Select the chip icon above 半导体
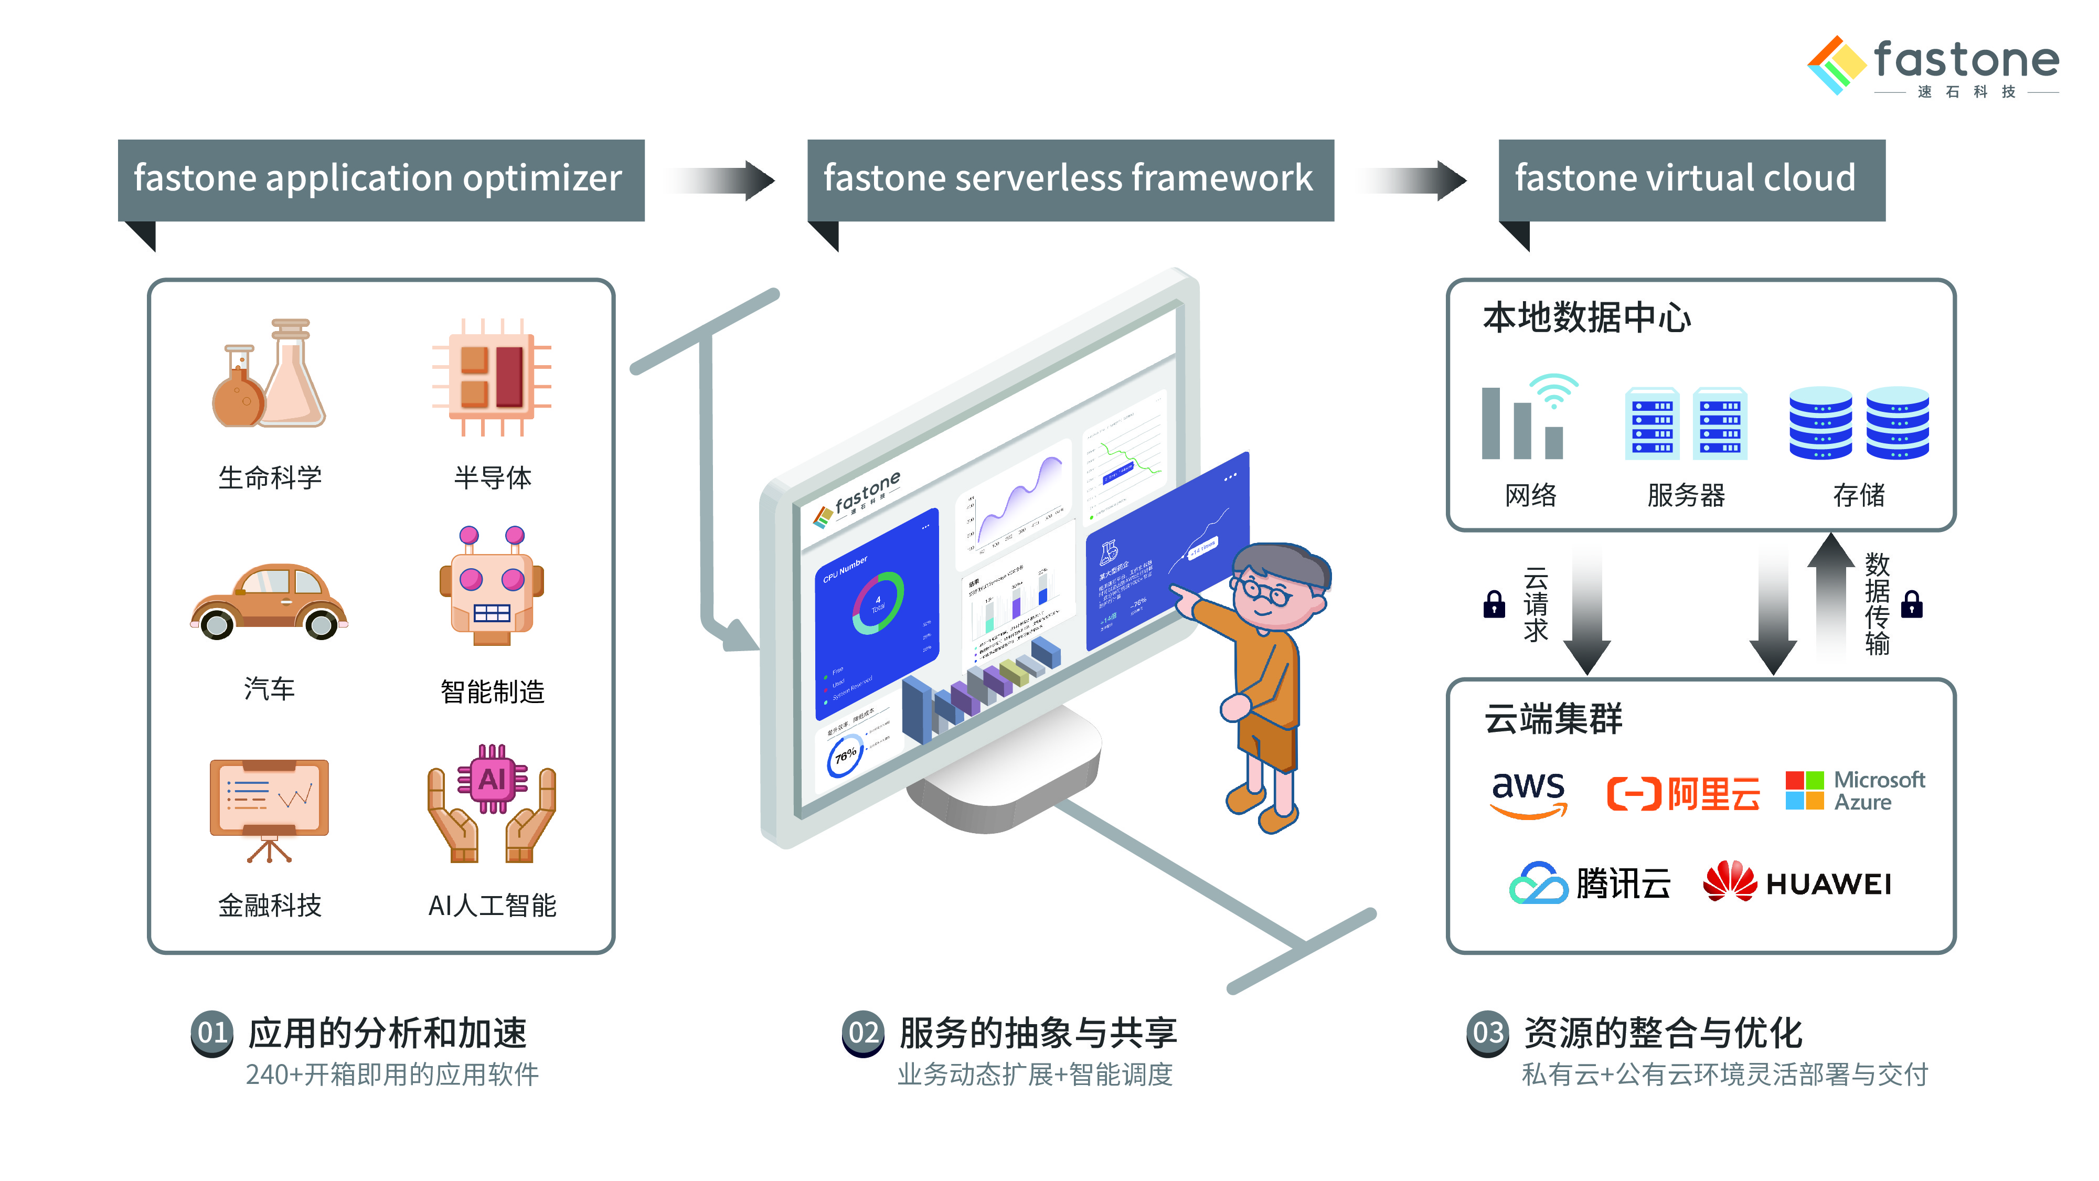492,377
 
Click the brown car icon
269,601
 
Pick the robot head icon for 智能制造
492,587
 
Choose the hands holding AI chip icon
492,803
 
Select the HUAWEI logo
1797,882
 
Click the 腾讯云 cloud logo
1589,882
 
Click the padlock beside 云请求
1494,605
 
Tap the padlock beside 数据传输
1912,605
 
